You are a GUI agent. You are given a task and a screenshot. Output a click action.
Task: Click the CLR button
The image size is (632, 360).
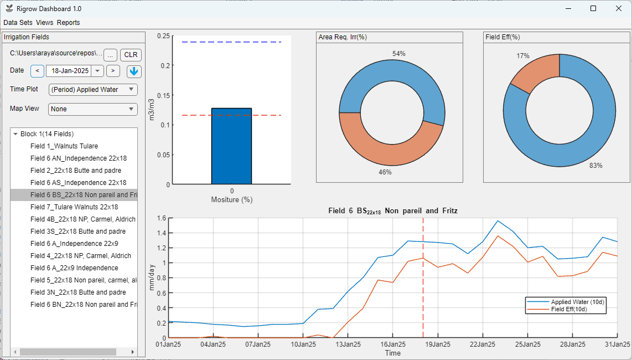(131, 55)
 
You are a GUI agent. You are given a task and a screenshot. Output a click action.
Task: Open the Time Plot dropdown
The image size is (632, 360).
(93, 89)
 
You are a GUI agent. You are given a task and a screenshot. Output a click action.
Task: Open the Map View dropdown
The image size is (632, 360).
(93, 109)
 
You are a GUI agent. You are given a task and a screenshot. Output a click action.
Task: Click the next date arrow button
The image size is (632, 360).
(113, 70)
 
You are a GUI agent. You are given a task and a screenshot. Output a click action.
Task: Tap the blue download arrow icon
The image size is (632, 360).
(134, 71)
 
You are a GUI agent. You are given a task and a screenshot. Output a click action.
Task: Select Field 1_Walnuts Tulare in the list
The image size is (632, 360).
(64, 146)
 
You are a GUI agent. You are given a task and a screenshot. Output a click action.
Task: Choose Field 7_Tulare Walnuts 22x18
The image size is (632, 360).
(74, 207)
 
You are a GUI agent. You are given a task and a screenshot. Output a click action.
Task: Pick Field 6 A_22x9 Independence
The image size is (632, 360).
(74, 268)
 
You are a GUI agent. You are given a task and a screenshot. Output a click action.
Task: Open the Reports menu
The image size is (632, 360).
(68, 23)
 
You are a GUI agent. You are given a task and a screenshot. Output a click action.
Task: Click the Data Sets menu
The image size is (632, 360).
(18, 23)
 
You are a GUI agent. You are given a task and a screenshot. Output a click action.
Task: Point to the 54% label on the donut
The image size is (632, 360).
(398, 54)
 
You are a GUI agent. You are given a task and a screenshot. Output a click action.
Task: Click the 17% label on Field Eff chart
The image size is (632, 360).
(522, 56)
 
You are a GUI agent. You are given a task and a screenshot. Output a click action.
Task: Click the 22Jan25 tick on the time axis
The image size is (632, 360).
(482, 344)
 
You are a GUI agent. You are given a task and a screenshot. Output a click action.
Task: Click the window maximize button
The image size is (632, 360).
(593, 8)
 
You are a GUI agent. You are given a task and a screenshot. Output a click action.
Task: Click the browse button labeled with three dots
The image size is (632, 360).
(110, 55)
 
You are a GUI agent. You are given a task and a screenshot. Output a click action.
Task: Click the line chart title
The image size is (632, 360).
(392, 211)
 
